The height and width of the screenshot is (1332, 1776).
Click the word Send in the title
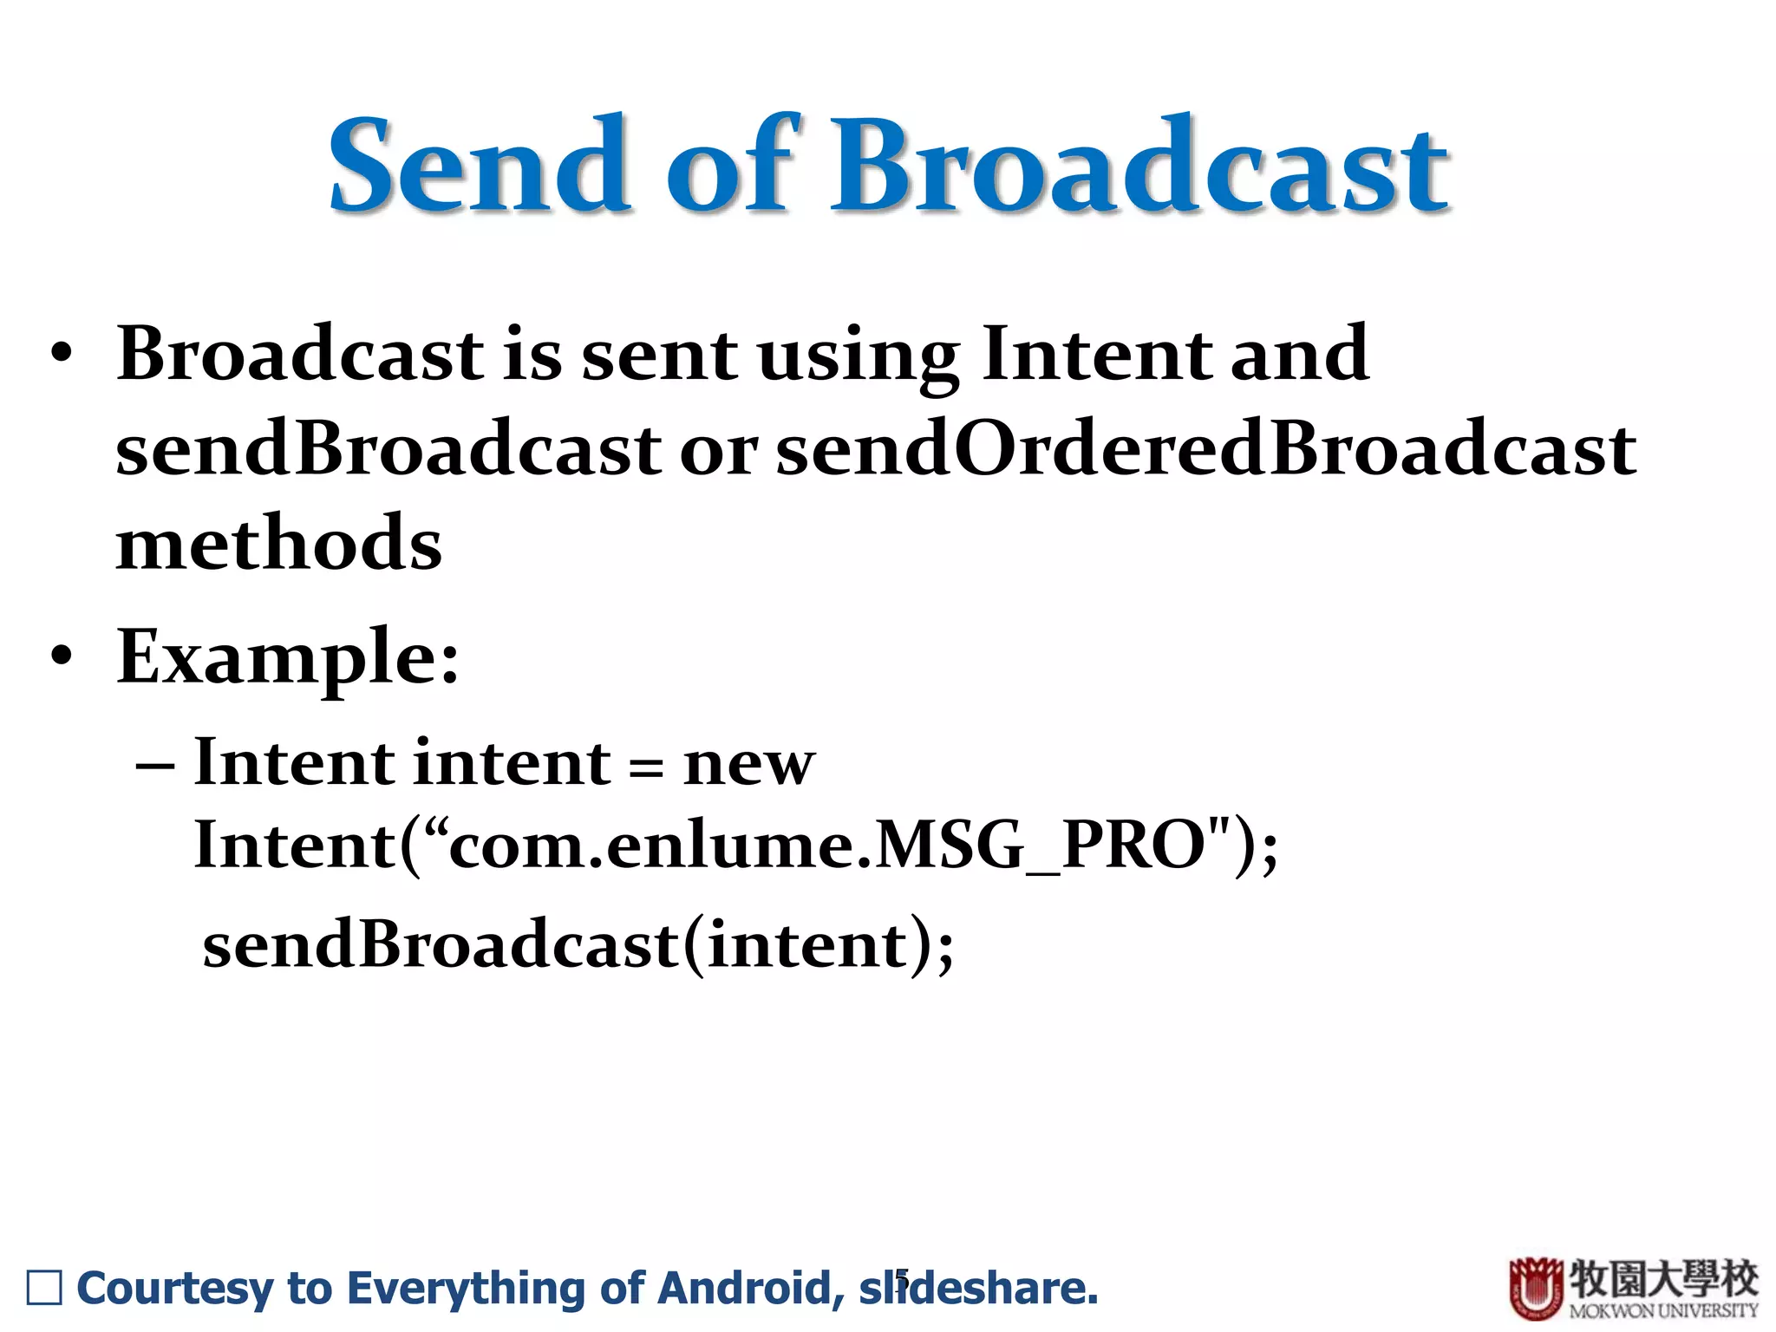[480, 166]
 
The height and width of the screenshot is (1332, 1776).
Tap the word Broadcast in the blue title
[1139, 166]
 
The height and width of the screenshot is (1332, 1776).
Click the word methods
[279, 543]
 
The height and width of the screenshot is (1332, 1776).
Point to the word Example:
[288, 657]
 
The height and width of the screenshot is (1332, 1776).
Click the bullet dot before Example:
[61, 656]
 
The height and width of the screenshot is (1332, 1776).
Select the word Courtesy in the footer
[175, 1288]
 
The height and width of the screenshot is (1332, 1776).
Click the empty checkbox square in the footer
[44, 1288]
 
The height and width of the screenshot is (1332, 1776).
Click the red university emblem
[1536, 1289]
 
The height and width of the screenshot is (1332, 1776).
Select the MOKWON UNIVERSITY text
[1662, 1310]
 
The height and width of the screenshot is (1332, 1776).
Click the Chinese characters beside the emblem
[1662, 1277]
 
